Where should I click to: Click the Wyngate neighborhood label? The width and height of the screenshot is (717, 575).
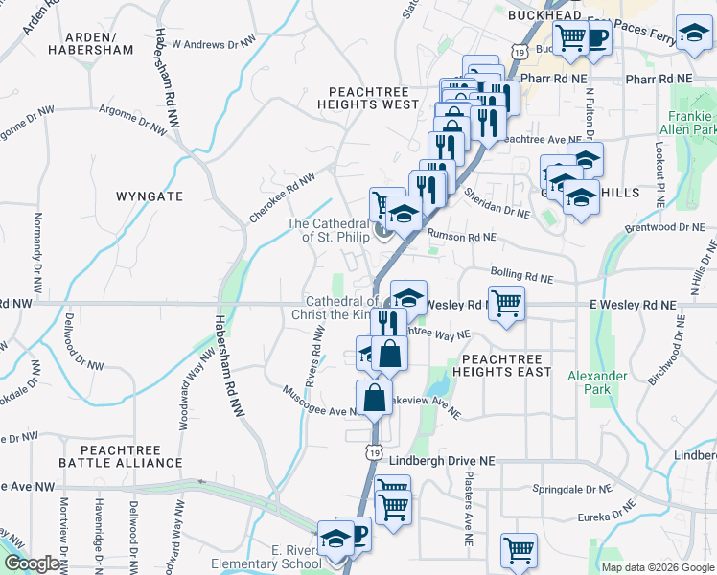[x=149, y=195]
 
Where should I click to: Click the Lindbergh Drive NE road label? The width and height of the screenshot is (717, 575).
[x=442, y=461]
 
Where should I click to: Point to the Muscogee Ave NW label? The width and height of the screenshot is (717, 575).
[x=320, y=400]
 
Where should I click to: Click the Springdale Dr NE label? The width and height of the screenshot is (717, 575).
[x=571, y=489]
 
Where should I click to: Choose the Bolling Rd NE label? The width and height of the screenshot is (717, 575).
[x=521, y=276]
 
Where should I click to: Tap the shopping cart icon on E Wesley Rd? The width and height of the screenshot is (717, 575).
[x=506, y=303]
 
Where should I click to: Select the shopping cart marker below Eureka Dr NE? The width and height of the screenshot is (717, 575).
[x=519, y=551]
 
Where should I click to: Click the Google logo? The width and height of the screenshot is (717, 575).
[x=31, y=563]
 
